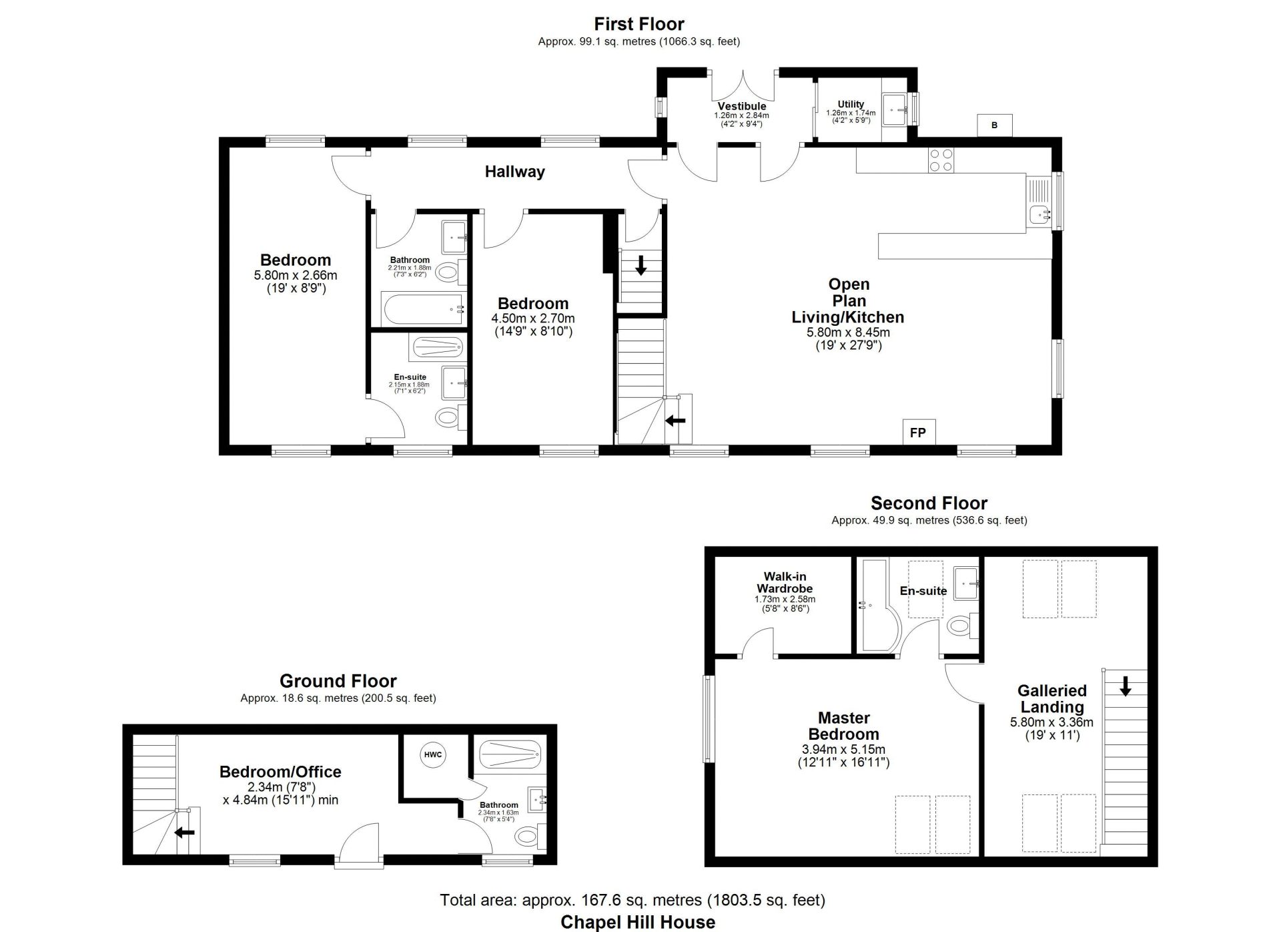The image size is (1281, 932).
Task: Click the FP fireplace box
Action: [x=919, y=432]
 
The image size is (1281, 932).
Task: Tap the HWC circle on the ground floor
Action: [x=433, y=754]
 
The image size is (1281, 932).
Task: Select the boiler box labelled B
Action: [x=994, y=125]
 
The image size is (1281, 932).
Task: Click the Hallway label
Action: [x=514, y=172]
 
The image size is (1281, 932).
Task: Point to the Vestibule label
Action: [x=742, y=106]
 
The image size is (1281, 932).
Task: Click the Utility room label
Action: [x=851, y=104]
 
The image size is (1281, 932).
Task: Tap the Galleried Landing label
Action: [x=1052, y=699]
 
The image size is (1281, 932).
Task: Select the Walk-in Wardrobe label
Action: [x=785, y=582]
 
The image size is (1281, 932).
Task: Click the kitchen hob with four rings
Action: [x=941, y=160]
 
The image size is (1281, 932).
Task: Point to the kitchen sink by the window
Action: [x=1039, y=202]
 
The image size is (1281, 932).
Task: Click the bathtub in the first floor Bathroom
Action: [x=422, y=309]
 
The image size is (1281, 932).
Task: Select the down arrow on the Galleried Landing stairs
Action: [x=1125, y=686]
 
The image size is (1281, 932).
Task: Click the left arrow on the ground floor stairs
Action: [x=185, y=833]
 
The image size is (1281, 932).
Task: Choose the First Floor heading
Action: [x=639, y=24]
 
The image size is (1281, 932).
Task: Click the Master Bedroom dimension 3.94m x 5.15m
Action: [x=843, y=749]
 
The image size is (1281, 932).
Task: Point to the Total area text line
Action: [x=632, y=900]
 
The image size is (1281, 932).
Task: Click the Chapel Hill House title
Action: [x=638, y=922]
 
